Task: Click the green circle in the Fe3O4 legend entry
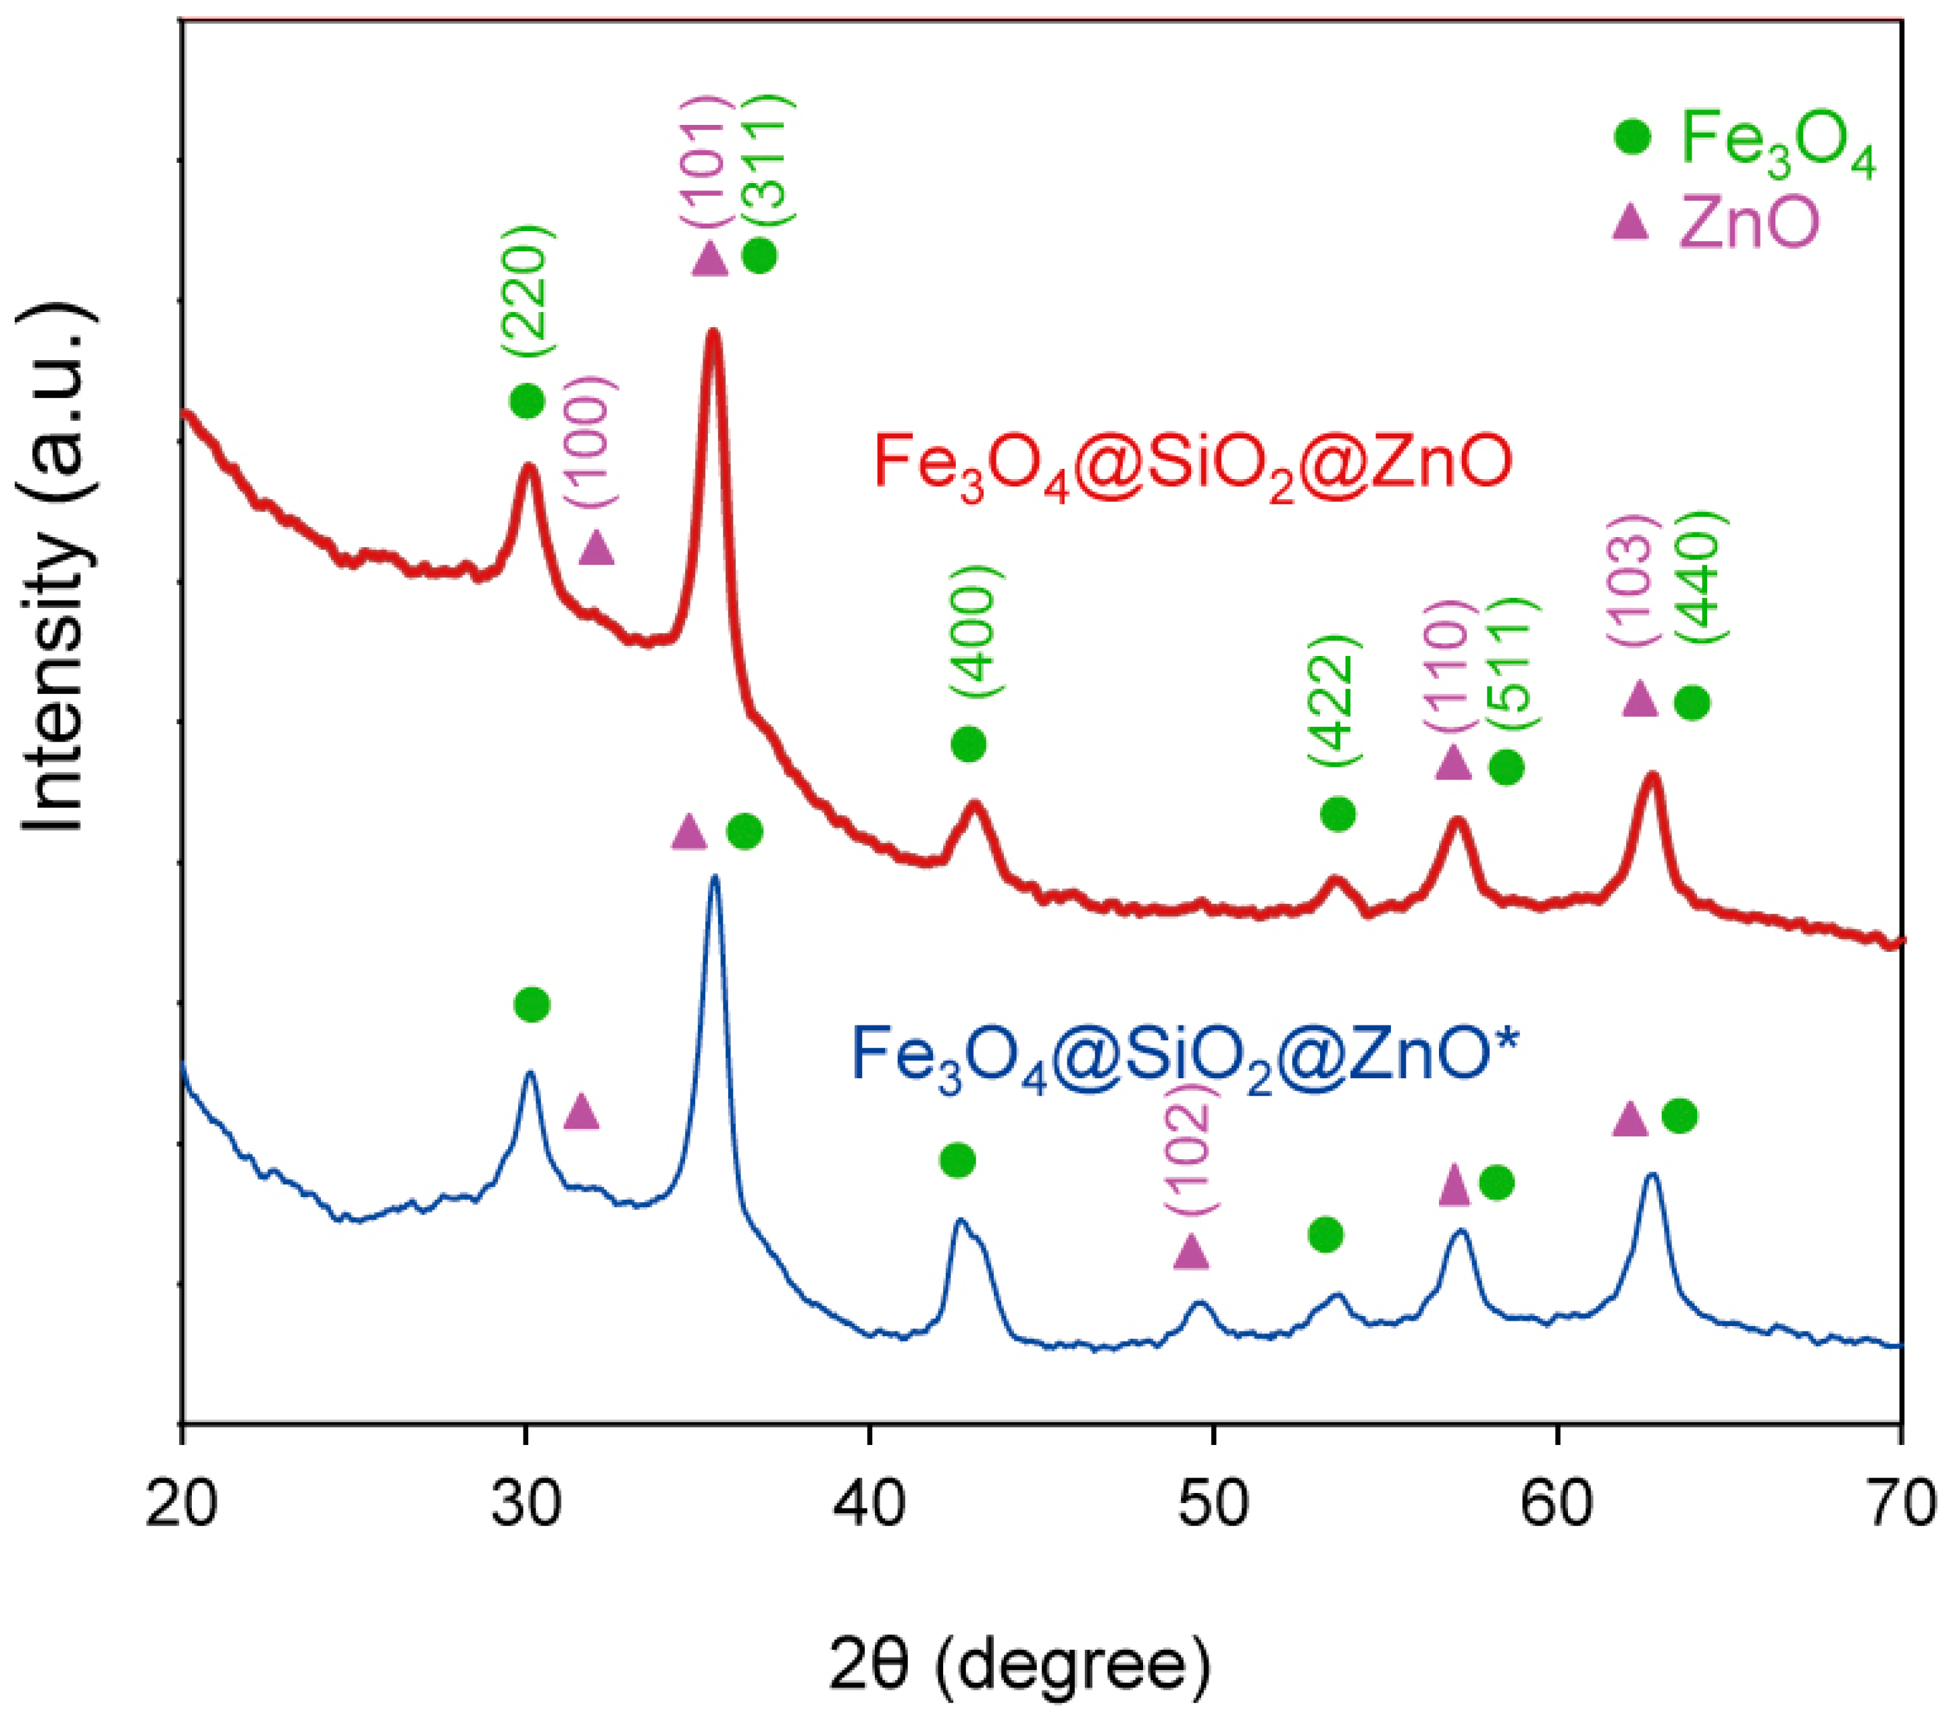1631,136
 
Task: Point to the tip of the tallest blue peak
714,878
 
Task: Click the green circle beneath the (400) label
968,744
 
